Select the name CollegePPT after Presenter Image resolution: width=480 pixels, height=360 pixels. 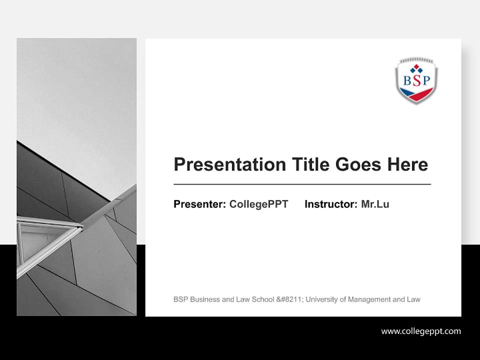point(258,204)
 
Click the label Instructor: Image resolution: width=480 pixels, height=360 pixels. point(331,204)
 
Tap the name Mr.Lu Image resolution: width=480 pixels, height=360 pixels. point(375,204)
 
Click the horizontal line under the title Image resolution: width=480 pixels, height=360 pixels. point(302,184)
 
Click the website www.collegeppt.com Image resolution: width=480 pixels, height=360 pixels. point(421,331)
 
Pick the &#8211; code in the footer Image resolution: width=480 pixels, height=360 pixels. point(289,299)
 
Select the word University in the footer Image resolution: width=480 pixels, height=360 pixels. point(322,299)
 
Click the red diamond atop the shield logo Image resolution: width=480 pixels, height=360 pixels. point(416,66)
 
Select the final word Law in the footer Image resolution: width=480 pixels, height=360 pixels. point(413,299)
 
